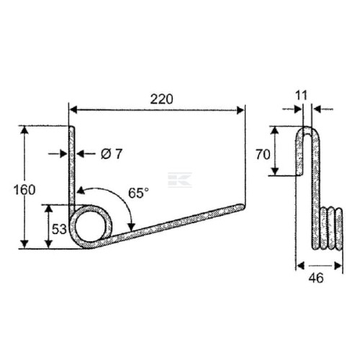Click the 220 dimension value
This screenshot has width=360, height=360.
point(161,99)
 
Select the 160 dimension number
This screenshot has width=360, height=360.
point(24,190)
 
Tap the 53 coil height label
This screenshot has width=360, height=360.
point(59,229)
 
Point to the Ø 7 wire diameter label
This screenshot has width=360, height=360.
point(112,154)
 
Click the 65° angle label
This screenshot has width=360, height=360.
point(138,193)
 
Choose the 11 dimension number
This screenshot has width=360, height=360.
point(301,96)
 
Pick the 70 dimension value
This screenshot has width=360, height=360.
point(263,154)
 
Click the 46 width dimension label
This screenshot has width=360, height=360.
point(316,278)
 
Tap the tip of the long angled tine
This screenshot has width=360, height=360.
point(243,207)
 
